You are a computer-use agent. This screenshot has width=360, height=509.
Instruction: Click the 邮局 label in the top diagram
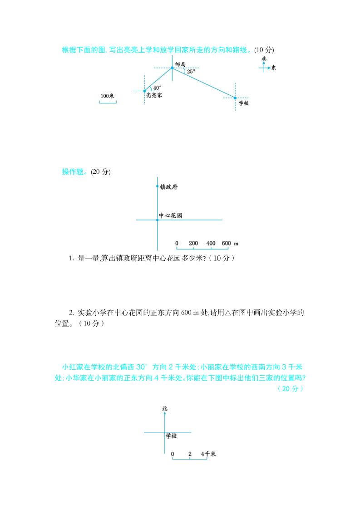click(180, 65)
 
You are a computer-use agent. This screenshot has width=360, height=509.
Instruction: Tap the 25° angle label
click(191, 72)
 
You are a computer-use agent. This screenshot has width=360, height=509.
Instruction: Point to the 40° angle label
click(157, 88)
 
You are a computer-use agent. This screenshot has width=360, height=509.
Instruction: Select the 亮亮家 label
click(154, 96)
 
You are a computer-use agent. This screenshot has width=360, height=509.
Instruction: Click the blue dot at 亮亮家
click(145, 91)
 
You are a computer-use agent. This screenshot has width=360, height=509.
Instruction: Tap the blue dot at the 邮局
click(172, 68)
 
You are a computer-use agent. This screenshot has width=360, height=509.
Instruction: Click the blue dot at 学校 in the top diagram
click(235, 98)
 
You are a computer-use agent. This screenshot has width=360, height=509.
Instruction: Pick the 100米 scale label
click(107, 96)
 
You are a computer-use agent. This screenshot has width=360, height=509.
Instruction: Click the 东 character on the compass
click(273, 68)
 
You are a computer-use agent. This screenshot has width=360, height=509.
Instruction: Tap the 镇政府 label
click(168, 186)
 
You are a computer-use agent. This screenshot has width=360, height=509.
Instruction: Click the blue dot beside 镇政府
click(158, 186)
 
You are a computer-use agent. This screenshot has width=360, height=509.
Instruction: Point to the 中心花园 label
click(170, 215)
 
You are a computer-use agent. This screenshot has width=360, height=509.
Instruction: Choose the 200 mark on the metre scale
click(193, 244)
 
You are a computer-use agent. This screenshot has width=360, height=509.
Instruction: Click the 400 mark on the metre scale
click(211, 244)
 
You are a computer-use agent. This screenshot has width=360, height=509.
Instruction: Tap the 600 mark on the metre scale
click(227, 244)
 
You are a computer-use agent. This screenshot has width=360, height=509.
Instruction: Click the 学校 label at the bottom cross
click(171, 436)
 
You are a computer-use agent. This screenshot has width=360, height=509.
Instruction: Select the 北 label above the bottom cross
click(164, 409)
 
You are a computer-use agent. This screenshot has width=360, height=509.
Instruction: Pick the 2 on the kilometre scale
click(190, 454)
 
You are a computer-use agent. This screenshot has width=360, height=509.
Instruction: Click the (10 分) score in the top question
click(264, 49)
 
